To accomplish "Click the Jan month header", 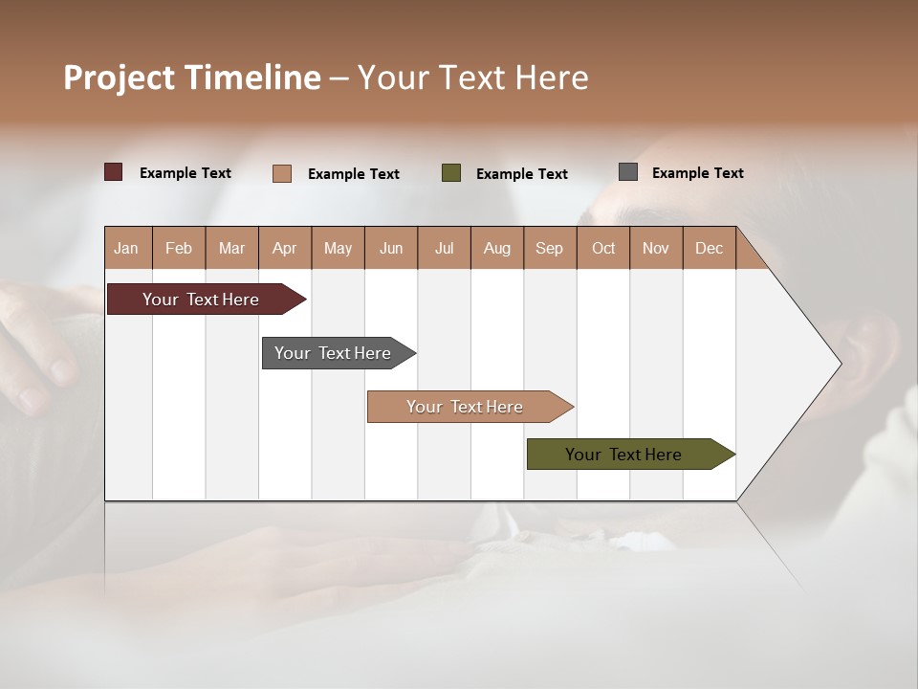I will pyautogui.click(x=127, y=248).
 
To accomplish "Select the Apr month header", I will pyautogui.click(x=285, y=248).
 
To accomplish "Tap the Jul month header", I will pyautogui.click(x=445, y=248).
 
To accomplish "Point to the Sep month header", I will pyautogui.click(x=549, y=248).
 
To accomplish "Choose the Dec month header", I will pyautogui.click(x=709, y=248).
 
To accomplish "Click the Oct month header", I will pyautogui.click(x=603, y=248).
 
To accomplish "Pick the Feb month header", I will pyautogui.click(x=179, y=248).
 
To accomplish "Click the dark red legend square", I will pyautogui.click(x=114, y=172).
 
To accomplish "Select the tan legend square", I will pyautogui.click(x=282, y=173).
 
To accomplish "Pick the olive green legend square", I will pyautogui.click(x=451, y=173).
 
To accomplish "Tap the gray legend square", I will pyautogui.click(x=628, y=172).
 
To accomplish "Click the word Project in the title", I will pyautogui.click(x=120, y=78).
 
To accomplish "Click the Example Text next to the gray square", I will pyautogui.click(x=697, y=173).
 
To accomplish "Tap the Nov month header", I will pyautogui.click(x=656, y=248).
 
